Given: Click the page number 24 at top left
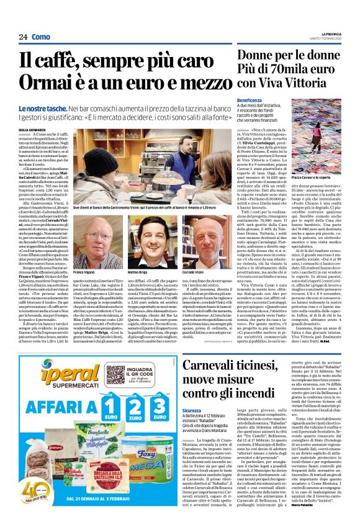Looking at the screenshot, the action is pos(23,37).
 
